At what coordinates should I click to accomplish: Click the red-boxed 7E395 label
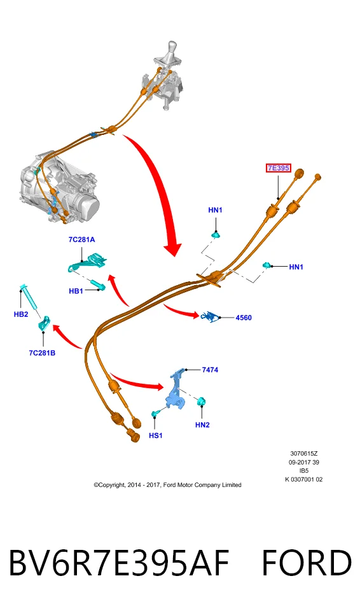click(x=279, y=168)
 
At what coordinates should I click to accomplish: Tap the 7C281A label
click(x=82, y=240)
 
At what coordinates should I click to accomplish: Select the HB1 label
click(x=76, y=291)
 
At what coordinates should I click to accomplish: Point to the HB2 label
click(x=21, y=314)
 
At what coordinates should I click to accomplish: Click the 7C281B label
click(x=42, y=353)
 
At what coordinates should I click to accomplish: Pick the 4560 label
click(x=244, y=318)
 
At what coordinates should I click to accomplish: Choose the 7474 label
click(x=210, y=370)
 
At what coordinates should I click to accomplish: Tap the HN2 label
click(x=203, y=425)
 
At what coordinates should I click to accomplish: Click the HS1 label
click(x=155, y=435)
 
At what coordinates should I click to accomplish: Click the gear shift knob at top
click(x=171, y=49)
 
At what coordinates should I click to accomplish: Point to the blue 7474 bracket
click(x=177, y=391)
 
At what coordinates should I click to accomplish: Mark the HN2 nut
click(x=202, y=401)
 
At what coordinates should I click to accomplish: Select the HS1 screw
click(x=156, y=412)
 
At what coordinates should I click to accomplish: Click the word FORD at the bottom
click(x=307, y=563)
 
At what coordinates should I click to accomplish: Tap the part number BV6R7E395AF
click(x=118, y=563)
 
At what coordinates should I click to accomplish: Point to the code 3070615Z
click(x=304, y=454)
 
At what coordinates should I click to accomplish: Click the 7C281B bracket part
click(x=44, y=323)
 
